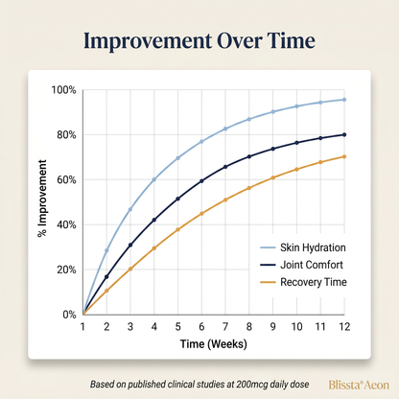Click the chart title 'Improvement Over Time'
coord(199,41)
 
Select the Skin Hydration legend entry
coord(303,247)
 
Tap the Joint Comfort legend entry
coord(301,265)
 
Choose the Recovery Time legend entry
coord(303,282)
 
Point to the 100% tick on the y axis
coord(64,90)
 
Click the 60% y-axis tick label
coord(66,180)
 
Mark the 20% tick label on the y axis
coord(66,270)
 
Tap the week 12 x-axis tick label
coord(344,327)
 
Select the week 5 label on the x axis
coord(177,327)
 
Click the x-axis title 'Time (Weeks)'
coord(214,344)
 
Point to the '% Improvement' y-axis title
coord(42,199)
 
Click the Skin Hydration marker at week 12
coord(344,100)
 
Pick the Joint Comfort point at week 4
coord(154,220)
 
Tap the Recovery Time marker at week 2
coord(106,291)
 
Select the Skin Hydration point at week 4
coord(154,179)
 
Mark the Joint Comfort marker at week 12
coord(344,135)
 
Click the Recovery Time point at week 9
coord(273,177)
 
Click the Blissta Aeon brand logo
coord(359,385)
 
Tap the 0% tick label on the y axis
coord(69,315)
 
